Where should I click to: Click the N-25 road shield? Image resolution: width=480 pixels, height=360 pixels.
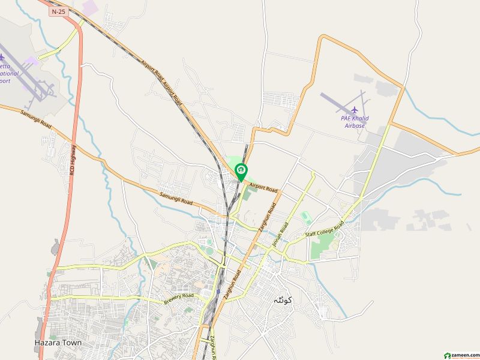coord(58,11)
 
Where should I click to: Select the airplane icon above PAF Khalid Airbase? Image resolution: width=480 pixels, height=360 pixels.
coord(354,110)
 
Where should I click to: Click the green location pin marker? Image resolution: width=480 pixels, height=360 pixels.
coord(241,172)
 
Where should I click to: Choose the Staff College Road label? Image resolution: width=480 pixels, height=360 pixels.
coord(324,229)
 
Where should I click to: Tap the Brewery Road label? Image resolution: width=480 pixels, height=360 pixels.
coord(179,298)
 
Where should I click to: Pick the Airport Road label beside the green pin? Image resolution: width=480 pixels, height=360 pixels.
coord(262,187)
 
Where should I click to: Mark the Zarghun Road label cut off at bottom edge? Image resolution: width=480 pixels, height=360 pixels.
coord(213,347)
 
